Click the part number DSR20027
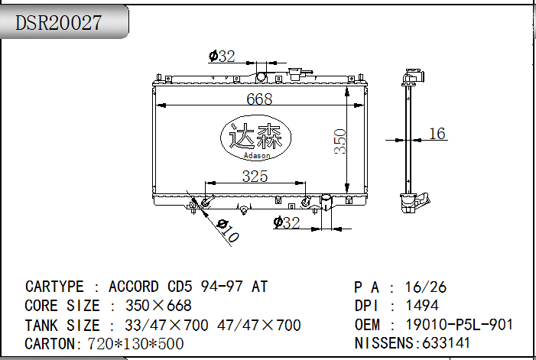pyautogui.click(x=58, y=23)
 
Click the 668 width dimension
pyautogui.click(x=259, y=99)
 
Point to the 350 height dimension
pyautogui.click(x=340, y=141)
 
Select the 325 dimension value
pyautogui.click(x=255, y=177)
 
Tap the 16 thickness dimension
pyautogui.click(x=437, y=134)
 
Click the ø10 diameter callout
pyautogui.click(x=228, y=231)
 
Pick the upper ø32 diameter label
pyautogui.click(x=222, y=57)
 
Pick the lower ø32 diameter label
pyautogui.click(x=287, y=222)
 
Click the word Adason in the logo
pyautogui.click(x=257, y=156)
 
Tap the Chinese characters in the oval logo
pyautogui.click(x=255, y=136)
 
